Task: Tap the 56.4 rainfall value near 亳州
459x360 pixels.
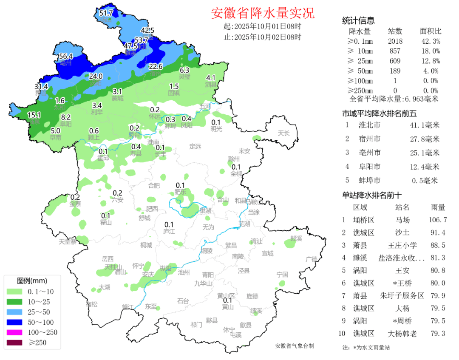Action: pos(66,56)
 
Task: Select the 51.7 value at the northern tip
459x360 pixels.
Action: pos(106,13)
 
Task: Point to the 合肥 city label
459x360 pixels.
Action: pos(154,185)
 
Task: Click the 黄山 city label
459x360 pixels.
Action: pos(228,307)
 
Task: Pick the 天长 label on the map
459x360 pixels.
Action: pos(283,133)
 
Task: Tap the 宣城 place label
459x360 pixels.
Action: pos(267,254)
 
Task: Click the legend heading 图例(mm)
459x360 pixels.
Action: pos(32,281)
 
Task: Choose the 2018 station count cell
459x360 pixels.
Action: pos(395,41)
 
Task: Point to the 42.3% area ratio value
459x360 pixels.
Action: pos(430,41)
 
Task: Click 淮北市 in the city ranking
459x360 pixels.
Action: pos(369,125)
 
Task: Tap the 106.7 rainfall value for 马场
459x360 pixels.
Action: pos(438,220)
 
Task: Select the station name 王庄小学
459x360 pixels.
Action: pos(402,245)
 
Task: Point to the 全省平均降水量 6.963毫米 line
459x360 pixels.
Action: pos(394,99)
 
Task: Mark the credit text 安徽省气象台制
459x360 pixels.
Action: pos(295,346)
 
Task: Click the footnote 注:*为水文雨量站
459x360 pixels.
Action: pos(365,347)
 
